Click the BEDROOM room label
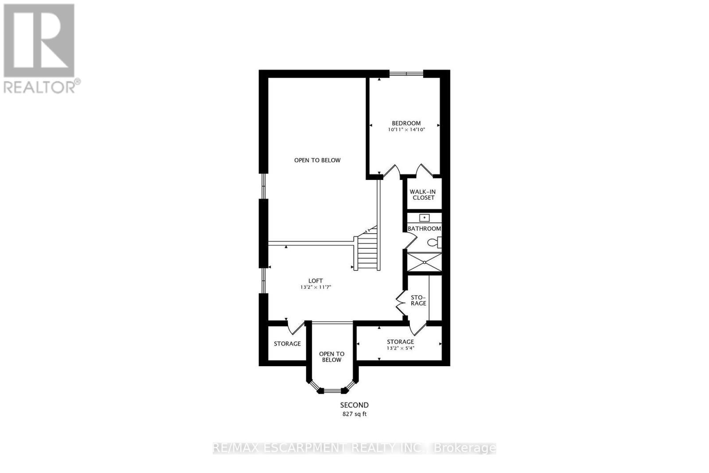click(406, 123)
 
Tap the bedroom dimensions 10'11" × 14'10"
click(406, 130)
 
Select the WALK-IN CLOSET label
click(423, 195)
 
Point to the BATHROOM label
click(424, 229)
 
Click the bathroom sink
click(425, 218)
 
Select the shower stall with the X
click(425, 262)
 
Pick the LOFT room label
click(316, 281)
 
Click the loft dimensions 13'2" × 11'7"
click(316, 287)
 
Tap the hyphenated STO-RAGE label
click(418, 300)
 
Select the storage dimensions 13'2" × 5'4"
click(400, 348)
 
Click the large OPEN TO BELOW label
click(317, 160)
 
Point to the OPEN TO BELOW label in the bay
click(331, 357)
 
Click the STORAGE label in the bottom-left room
click(287, 344)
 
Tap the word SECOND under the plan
click(354, 405)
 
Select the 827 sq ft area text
click(354, 414)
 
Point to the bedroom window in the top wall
click(406, 73)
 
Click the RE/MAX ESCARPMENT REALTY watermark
click(354, 448)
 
